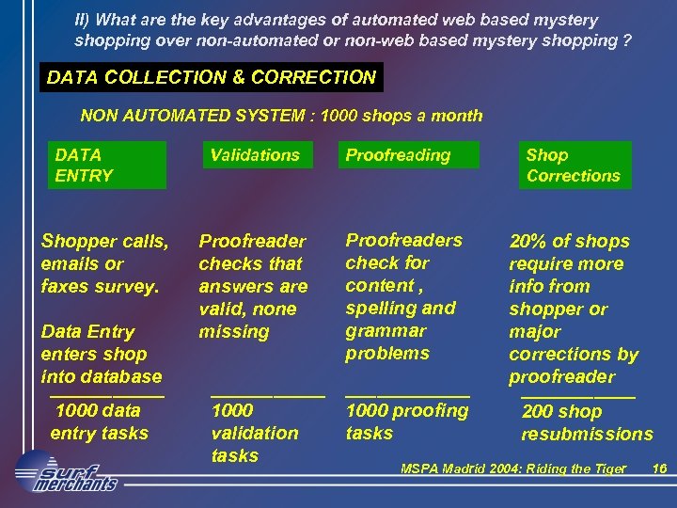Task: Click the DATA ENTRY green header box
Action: pos(106,165)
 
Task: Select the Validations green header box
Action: pos(255,155)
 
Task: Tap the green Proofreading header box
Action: pos(407,155)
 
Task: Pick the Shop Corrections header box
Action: pos(574,165)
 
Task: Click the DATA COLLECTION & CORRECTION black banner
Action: pos(212,78)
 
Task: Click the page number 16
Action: pos(659,468)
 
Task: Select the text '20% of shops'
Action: pos(569,242)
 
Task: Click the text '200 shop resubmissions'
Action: pos(586,422)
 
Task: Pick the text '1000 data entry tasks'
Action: pos(99,421)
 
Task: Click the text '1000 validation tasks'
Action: pos(254,433)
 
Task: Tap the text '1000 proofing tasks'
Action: pos(406,421)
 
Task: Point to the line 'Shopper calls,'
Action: pos(104,242)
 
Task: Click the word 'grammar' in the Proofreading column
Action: pos(386,330)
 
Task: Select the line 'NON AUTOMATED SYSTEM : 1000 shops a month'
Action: pos(281,116)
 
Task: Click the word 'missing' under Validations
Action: pos(233,332)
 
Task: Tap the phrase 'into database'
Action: pos(101,376)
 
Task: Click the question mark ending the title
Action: pos(626,41)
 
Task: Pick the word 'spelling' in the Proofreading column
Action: pos(382,308)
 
